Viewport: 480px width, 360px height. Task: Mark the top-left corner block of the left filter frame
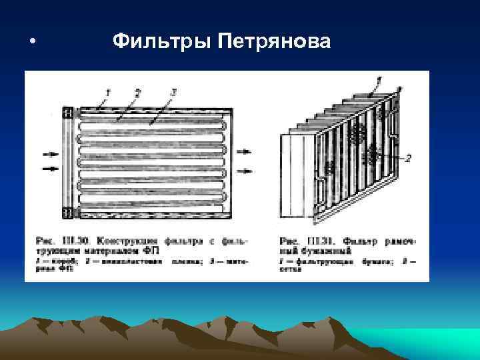(x=67, y=113)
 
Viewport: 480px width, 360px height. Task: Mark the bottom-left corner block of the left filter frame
(x=67, y=213)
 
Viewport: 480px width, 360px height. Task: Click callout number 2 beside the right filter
(x=409, y=157)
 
